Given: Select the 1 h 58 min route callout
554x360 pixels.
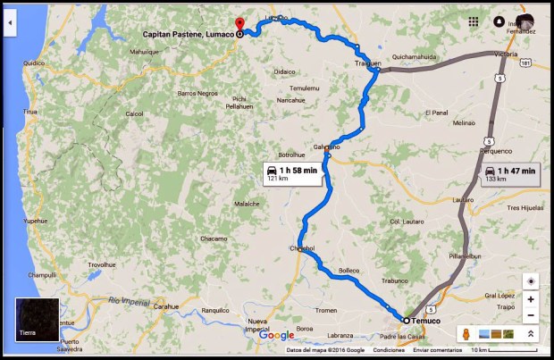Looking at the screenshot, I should click(292, 172).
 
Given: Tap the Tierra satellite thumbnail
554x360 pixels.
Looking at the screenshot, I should click(37, 320).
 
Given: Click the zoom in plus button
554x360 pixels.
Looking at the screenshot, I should click(530, 299).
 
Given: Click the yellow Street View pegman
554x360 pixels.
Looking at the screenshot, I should click(465, 334).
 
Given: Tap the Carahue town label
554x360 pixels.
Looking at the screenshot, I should click(166, 306).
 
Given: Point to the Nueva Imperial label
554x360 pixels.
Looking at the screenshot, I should click(257, 325).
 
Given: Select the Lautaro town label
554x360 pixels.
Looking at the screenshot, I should click(463, 198).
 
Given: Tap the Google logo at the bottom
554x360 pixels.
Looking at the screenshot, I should click(277, 335).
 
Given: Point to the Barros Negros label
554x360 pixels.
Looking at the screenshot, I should click(197, 93).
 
